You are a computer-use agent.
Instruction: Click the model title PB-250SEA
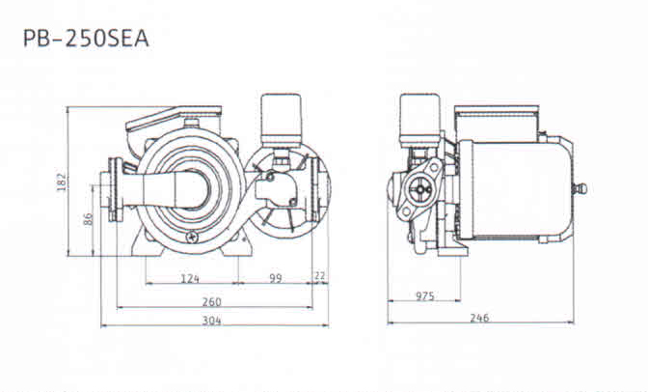coord(86,39)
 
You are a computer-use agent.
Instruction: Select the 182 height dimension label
coord(61,182)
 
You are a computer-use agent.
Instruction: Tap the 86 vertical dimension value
coord(88,218)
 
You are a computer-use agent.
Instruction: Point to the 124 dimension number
coord(190,278)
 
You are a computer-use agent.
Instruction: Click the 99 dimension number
coord(276,278)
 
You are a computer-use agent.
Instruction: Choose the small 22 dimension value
coord(320,275)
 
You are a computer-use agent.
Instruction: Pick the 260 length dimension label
coord(211,302)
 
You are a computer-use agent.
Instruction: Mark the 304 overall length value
coord(211,321)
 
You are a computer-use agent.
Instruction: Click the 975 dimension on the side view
coord(425,296)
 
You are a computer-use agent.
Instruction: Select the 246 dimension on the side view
coord(479,318)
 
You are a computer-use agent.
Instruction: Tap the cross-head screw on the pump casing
coord(192,237)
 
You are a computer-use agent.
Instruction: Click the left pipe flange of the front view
coord(116,189)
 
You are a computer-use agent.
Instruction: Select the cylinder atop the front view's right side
coord(282,120)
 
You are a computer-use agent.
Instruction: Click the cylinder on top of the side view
coord(419,119)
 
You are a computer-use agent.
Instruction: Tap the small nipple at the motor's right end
coord(580,188)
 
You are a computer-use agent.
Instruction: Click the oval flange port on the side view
coord(420,188)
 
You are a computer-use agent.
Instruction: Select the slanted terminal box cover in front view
coord(174,117)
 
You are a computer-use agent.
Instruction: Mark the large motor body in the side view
coord(516,189)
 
